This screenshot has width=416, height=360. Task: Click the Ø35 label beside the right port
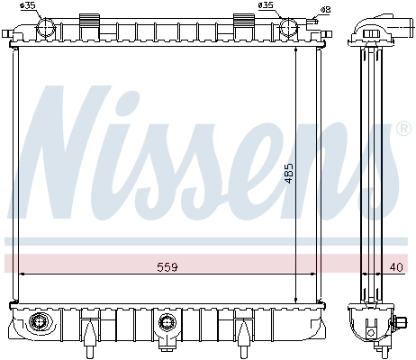coord(267,6)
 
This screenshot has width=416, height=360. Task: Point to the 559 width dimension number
coord(167,267)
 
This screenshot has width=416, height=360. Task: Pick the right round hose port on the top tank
coord(289,27)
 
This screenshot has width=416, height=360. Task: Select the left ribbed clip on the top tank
coord(90,20)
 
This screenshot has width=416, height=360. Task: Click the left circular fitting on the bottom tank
coord(38,322)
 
